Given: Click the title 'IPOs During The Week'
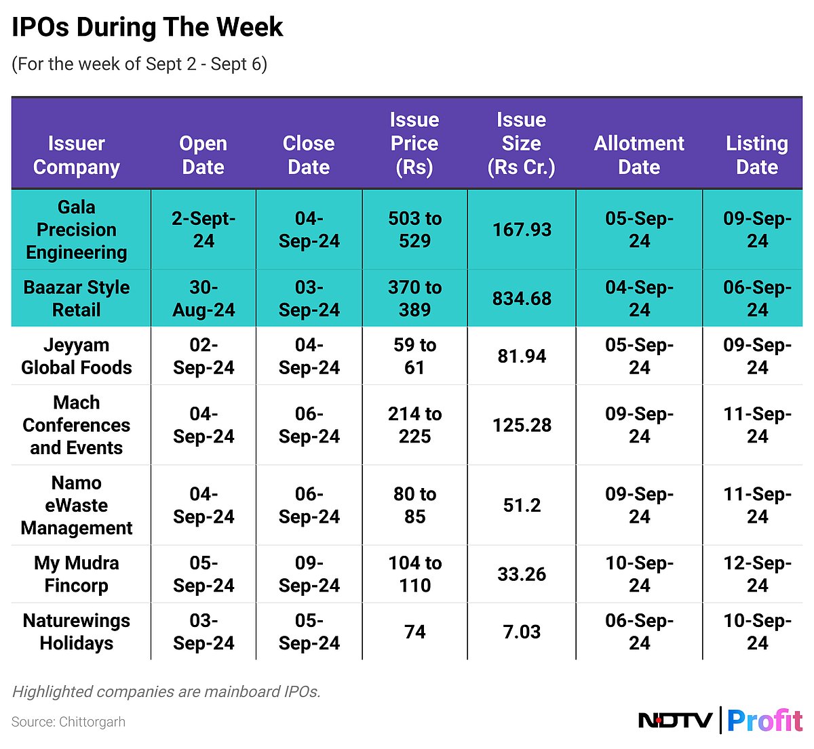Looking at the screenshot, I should (147, 28).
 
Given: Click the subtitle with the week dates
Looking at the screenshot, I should (139, 64).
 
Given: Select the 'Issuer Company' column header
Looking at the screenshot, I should (77, 155).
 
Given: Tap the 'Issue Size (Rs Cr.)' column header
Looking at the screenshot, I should (521, 144).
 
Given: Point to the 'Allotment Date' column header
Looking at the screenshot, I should (639, 155).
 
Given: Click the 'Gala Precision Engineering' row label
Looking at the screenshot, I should (77, 230).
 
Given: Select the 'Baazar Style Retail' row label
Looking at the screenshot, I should (77, 298).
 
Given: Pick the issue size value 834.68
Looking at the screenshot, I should (522, 299).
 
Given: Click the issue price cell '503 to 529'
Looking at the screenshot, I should (414, 230).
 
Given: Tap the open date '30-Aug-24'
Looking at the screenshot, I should (203, 298).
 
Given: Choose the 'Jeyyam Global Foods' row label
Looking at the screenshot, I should (77, 356).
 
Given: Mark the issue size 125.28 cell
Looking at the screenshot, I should (522, 425).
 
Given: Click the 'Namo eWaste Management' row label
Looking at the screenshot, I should (77, 505).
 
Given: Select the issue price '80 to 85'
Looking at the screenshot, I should (414, 505).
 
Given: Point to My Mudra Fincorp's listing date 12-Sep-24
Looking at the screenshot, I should (757, 574).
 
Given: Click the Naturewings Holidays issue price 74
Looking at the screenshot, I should (414, 632).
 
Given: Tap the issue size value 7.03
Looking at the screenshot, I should (522, 632).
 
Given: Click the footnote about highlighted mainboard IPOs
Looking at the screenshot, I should (166, 691).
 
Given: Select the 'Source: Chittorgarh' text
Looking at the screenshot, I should (69, 722).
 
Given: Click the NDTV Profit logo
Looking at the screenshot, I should (720, 720).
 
